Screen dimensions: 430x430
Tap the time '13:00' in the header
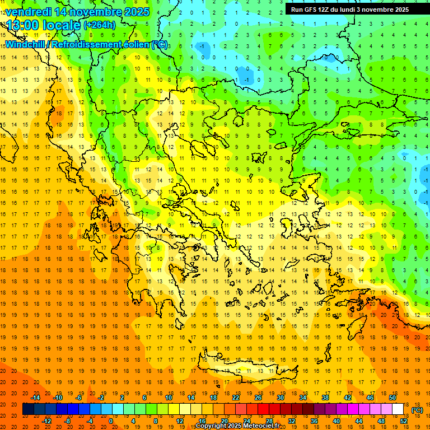23,25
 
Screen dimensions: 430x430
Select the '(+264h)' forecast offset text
100,25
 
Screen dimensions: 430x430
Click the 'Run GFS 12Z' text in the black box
310,10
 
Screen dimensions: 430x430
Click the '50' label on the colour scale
392,398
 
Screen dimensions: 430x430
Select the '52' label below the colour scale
404,421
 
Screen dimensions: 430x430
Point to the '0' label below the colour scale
111,421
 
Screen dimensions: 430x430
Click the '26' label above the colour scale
258,398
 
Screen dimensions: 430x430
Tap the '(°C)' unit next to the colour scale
417,410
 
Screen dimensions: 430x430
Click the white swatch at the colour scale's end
398,409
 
